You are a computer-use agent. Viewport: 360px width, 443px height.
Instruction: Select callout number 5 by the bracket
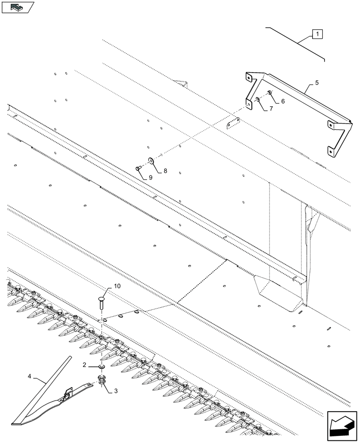coord(317,83)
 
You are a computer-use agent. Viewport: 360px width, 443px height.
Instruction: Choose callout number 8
coord(164,170)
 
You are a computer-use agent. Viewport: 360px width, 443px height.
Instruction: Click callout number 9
coord(150,178)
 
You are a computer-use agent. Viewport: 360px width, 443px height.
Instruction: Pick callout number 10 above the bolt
coord(117,287)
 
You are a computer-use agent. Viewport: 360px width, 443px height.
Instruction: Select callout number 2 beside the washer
coord(84,365)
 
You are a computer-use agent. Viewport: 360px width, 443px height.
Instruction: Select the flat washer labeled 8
coord(152,160)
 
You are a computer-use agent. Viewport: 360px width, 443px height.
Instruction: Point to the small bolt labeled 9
coord(139,168)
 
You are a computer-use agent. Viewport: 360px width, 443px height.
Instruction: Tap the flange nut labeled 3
coord(102,380)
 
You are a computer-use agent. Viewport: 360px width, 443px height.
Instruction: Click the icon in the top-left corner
coord(18,7)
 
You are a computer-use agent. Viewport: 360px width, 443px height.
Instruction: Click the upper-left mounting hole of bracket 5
coord(250,78)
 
